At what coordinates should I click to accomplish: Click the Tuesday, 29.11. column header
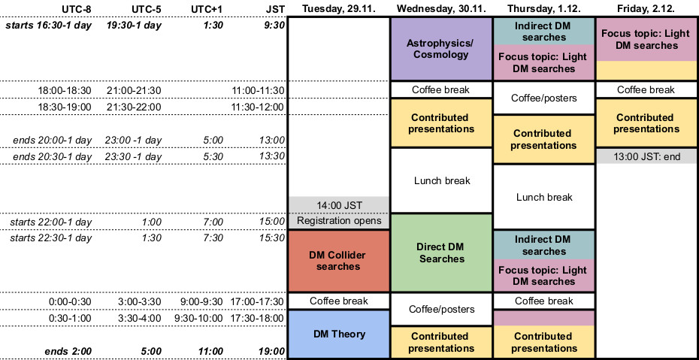pyautogui.click(x=339, y=8)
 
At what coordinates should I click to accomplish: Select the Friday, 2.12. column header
pyautogui.click(x=646, y=8)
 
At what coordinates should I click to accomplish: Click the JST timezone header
pyautogui.click(x=275, y=8)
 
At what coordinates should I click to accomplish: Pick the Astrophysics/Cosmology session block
pyautogui.click(x=440, y=49)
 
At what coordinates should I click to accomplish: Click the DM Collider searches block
pyautogui.click(x=338, y=260)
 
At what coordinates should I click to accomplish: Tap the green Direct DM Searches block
pyautogui.click(x=440, y=252)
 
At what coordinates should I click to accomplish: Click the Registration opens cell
pyautogui.click(x=338, y=221)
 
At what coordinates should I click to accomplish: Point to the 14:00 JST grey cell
pyautogui.click(x=338, y=204)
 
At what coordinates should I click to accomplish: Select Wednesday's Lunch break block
pyautogui.click(x=440, y=180)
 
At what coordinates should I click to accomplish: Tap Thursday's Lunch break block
pyautogui.click(x=544, y=197)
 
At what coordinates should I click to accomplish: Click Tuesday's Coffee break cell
pyautogui.click(x=338, y=301)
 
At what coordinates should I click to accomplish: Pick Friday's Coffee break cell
pyautogui.click(x=646, y=89)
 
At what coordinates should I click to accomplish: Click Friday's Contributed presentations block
pyautogui.click(x=646, y=123)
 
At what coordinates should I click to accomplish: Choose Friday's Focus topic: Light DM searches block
pyautogui.click(x=646, y=40)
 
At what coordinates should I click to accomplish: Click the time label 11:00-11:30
pyautogui.click(x=259, y=90)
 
